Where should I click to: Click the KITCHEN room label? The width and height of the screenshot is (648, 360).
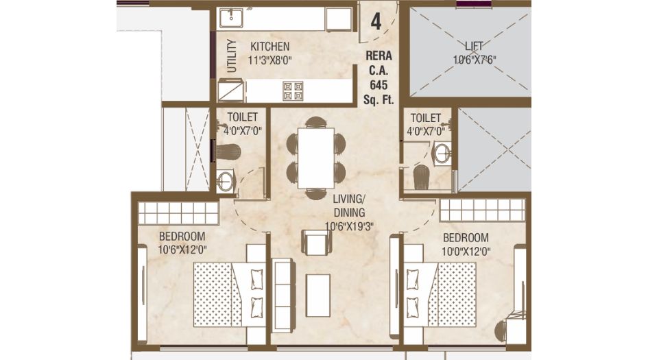pos(270,47)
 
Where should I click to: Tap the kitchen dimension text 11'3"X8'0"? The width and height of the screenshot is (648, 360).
pos(270,60)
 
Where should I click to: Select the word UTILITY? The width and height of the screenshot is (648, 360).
pos(232,56)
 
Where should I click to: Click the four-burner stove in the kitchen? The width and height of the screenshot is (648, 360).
pos(293,91)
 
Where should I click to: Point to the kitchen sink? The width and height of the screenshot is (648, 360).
pos(231,19)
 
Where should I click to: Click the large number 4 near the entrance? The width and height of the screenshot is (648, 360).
pos(376,21)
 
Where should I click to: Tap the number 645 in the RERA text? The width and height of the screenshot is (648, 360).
pos(379,85)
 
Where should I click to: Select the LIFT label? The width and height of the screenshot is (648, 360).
pos(474,45)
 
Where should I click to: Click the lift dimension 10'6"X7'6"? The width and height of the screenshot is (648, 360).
pos(474,60)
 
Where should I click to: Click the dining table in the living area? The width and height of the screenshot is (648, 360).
pos(315,158)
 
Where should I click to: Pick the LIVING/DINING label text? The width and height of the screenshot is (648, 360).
pos(349,206)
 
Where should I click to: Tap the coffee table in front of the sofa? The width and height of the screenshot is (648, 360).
pos(317,295)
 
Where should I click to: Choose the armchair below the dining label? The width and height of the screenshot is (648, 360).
pos(317,242)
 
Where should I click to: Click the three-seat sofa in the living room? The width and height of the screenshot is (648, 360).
pos(283,294)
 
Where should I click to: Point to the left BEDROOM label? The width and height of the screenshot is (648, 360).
pos(182,237)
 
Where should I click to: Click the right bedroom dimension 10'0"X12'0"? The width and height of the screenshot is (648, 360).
pos(466,251)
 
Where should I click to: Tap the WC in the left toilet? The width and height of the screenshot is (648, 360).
pos(228,152)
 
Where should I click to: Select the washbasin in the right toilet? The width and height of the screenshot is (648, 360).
pos(442,153)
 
